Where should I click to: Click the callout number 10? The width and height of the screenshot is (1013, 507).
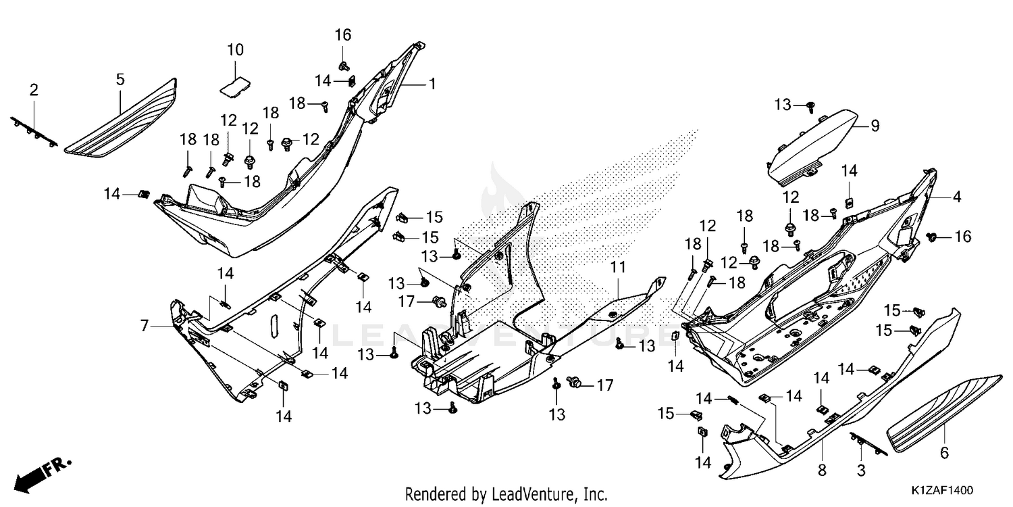[235, 49]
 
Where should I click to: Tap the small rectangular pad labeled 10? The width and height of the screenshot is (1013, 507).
[236, 86]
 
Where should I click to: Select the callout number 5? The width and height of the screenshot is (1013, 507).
[120, 79]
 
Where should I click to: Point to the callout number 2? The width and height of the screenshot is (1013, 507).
[34, 90]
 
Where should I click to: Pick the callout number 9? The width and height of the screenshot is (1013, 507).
[875, 126]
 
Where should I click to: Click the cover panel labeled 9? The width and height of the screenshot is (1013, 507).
[812, 147]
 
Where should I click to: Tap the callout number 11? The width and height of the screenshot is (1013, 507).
[618, 267]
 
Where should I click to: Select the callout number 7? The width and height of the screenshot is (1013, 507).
[145, 325]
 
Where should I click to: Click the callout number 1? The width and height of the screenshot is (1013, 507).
[432, 84]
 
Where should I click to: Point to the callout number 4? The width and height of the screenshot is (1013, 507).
[957, 197]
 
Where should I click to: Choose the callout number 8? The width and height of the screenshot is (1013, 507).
[822, 470]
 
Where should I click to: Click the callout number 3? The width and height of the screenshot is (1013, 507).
[861, 470]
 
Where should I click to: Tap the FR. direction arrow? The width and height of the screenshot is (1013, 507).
[43, 475]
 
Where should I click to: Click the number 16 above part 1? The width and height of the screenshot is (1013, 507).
[343, 35]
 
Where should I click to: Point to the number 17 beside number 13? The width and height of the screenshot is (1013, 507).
[407, 301]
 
